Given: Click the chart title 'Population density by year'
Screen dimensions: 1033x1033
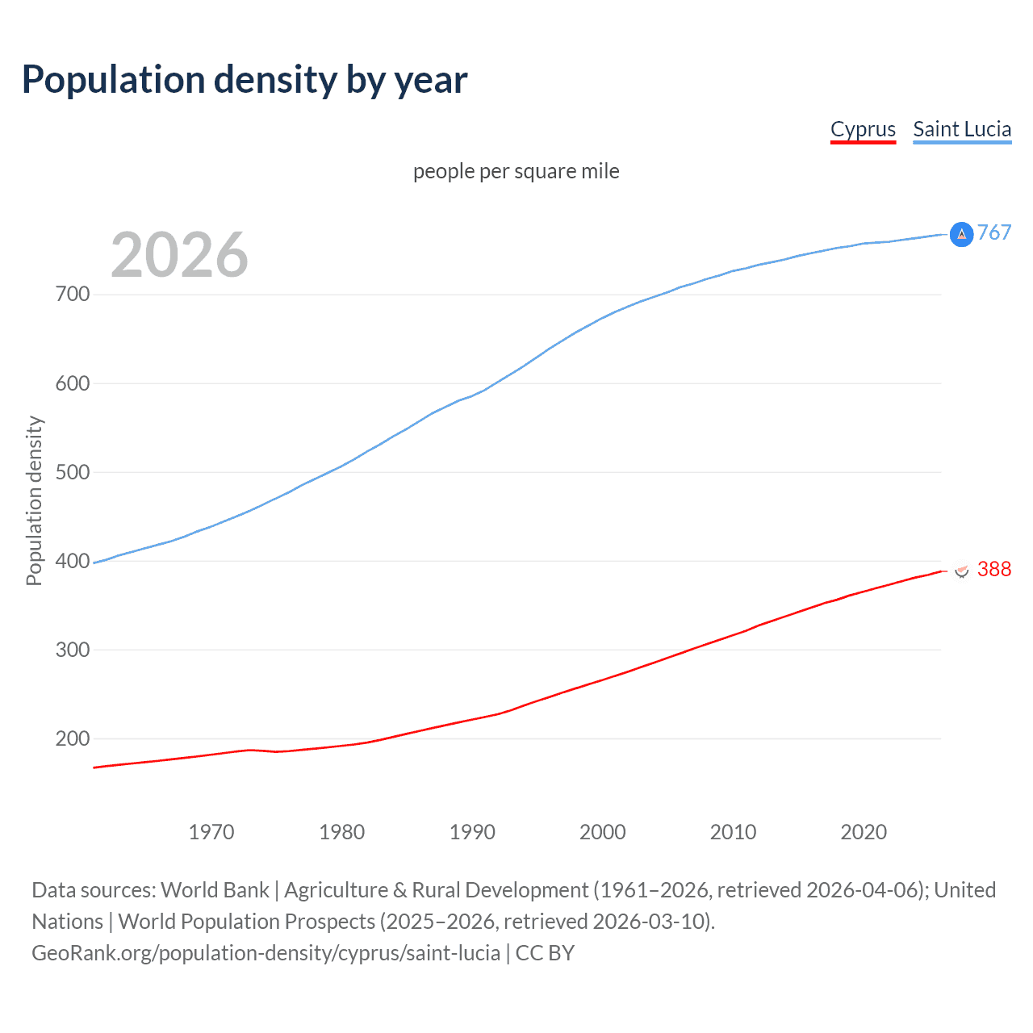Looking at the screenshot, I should pyautogui.click(x=245, y=80).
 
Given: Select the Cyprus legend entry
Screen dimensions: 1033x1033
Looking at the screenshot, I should pyautogui.click(x=863, y=129).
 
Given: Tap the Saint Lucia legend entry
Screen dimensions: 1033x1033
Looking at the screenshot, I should pyautogui.click(x=962, y=129).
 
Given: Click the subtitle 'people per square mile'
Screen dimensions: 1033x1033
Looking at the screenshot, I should pyautogui.click(x=516, y=171).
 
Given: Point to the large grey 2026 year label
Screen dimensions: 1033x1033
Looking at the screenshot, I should pyautogui.click(x=179, y=255).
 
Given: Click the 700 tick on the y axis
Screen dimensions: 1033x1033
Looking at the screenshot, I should pyautogui.click(x=73, y=295).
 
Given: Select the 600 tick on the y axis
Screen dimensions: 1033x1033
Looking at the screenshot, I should pyautogui.click(x=73, y=383).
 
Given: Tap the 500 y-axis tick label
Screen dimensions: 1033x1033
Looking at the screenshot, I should pyautogui.click(x=73, y=472).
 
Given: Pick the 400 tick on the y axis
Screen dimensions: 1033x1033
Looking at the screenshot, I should pyautogui.click(x=73, y=561).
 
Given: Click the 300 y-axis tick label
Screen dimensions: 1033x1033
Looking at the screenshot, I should pyautogui.click(x=73, y=650).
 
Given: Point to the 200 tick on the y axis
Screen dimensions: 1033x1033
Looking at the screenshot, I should pyautogui.click(x=73, y=738).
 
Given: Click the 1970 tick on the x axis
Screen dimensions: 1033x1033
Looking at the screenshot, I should pyautogui.click(x=211, y=832).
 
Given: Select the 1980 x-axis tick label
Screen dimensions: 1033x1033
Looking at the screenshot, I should pyautogui.click(x=342, y=832).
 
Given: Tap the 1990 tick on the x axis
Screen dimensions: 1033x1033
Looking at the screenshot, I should pyautogui.click(x=472, y=832).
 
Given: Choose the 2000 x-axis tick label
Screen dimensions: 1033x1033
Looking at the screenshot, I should pyautogui.click(x=603, y=832).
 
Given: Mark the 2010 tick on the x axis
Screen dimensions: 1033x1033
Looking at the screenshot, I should pyautogui.click(x=734, y=832).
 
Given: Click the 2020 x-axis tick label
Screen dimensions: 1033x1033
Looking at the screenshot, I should pyautogui.click(x=864, y=832).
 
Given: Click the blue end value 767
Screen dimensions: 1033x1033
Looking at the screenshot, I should pyautogui.click(x=994, y=233).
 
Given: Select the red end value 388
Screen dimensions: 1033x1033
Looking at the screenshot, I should pyautogui.click(x=994, y=570).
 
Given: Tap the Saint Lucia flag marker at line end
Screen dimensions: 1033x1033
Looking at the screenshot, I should pyautogui.click(x=961, y=234).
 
